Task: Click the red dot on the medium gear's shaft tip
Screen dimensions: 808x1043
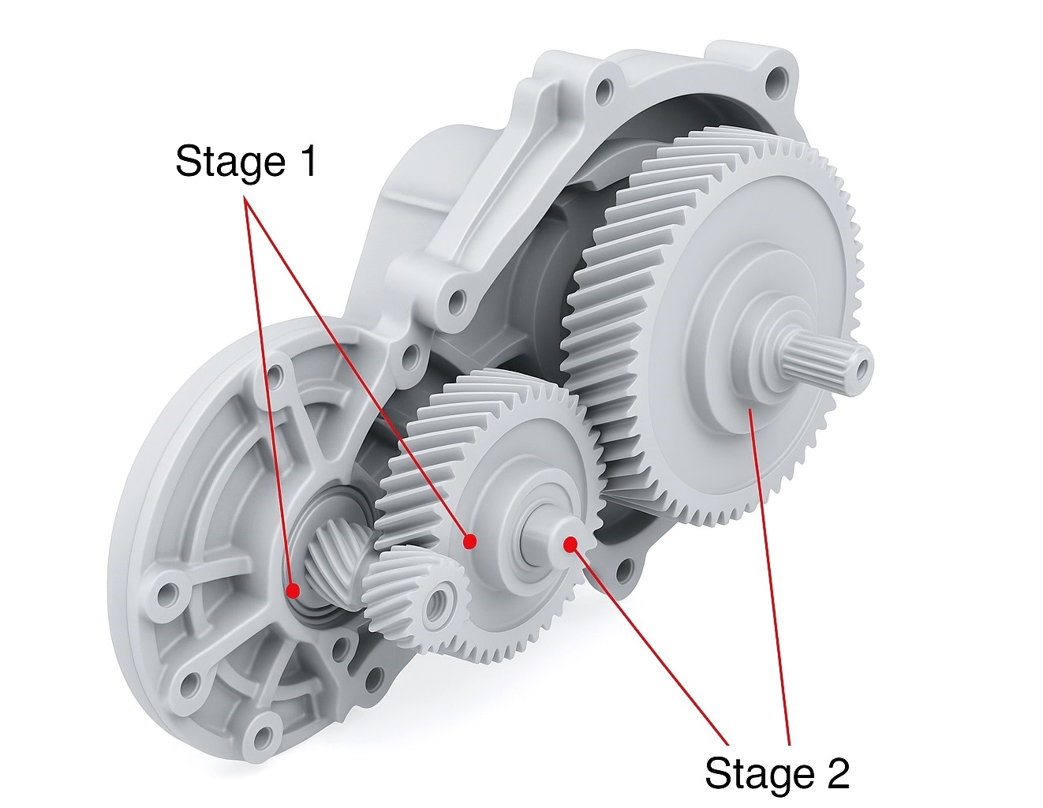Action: [x=569, y=544]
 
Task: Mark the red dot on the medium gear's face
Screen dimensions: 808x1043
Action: [x=470, y=541]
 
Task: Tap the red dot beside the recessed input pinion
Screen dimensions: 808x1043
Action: [x=293, y=589]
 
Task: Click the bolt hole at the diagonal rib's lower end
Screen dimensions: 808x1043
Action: [x=457, y=302]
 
